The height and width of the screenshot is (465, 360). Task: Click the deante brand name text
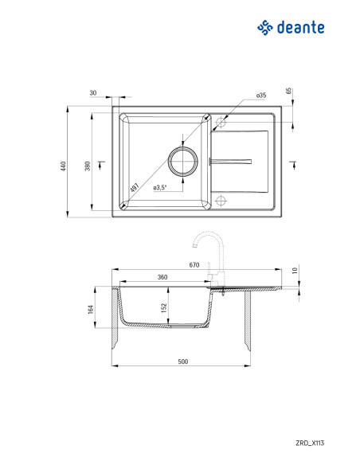pyautogui.click(x=300, y=28)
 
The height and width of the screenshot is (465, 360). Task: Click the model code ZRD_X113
pyautogui.click(x=310, y=443)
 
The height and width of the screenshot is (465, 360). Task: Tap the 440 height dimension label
pyautogui.click(x=63, y=166)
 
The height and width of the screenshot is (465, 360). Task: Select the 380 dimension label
pyautogui.click(x=88, y=166)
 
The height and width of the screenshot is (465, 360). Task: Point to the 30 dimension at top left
pyautogui.click(x=93, y=93)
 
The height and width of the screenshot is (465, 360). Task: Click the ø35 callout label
pyautogui.click(x=261, y=96)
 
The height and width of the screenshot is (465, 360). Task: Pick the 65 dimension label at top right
pyautogui.click(x=288, y=91)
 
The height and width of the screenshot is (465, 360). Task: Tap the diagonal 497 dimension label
pyautogui.click(x=135, y=187)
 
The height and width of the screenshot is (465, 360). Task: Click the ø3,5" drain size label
pyautogui.click(x=160, y=187)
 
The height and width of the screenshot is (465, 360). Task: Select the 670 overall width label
pyautogui.click(x=194, y=265)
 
